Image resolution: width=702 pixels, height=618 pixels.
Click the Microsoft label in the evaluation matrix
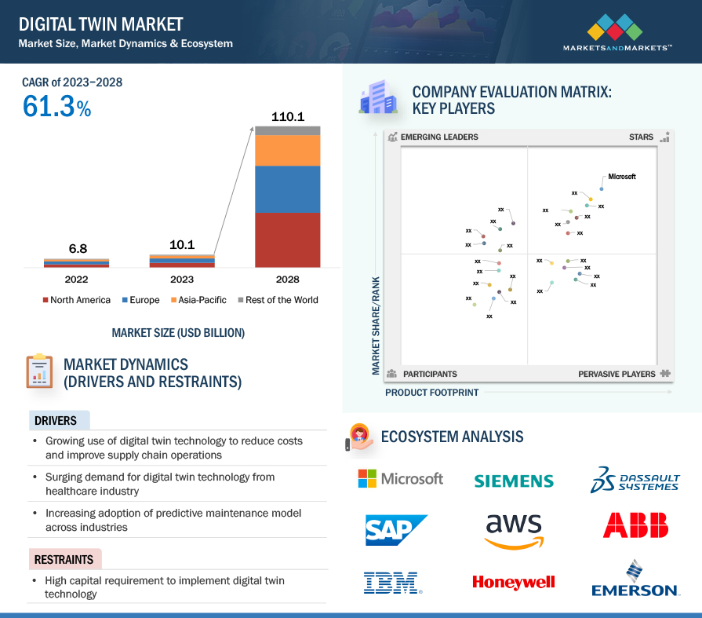(621, 177)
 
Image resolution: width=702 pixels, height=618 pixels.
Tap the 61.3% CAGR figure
(56, 107)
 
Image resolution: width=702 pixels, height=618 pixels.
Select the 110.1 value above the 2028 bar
(288, 117)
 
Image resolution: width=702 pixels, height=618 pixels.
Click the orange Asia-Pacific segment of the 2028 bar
(287, 151)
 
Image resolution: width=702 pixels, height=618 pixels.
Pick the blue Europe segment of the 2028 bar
(287, 189)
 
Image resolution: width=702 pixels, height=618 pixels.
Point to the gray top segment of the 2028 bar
(287, 131)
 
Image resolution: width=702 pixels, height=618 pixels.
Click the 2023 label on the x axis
(182, 280)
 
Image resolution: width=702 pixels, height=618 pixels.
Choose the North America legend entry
(77, 300)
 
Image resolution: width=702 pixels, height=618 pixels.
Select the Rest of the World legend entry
(278, 300)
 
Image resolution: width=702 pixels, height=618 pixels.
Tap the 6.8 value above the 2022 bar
(78, 249)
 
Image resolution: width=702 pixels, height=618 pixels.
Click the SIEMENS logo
(514, 481)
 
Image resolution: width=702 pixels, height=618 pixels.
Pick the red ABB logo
(636, 525)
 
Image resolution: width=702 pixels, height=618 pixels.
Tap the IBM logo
(392, 583)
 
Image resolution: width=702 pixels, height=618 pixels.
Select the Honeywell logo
(514, 582)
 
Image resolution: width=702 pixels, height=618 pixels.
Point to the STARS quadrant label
(641, 137)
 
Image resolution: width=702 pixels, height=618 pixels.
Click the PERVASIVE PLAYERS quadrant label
(617, 375)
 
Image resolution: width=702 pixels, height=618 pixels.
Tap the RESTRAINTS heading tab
(65, 559)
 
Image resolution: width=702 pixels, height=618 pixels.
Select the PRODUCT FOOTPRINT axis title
(432, 393)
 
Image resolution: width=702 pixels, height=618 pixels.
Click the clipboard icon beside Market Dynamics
(39, 371)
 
